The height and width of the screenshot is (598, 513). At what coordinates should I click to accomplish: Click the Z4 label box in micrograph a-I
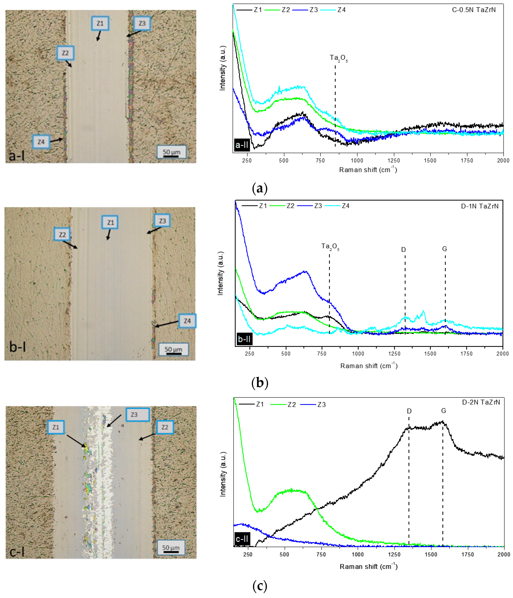pos(41,142)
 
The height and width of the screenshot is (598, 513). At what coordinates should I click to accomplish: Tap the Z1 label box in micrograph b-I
pos(110,222)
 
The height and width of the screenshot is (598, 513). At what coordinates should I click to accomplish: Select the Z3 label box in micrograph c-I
pos(137,414)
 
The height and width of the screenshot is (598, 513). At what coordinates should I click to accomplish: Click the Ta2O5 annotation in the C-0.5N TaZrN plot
pos(339,58)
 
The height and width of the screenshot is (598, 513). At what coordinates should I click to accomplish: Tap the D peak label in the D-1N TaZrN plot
pos(403,249)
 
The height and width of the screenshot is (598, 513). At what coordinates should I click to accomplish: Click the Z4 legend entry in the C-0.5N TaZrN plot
pos(341,10)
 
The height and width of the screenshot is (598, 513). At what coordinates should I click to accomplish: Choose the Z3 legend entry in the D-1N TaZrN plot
pos(318,206)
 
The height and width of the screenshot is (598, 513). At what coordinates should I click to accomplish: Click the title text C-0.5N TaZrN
pos(474,10)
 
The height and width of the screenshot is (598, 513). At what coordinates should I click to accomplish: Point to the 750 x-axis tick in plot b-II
pos(322,353)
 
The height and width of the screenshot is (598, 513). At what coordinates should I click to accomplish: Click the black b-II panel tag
pos(244,339)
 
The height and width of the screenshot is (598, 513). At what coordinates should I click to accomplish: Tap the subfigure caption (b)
pos(260,383)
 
